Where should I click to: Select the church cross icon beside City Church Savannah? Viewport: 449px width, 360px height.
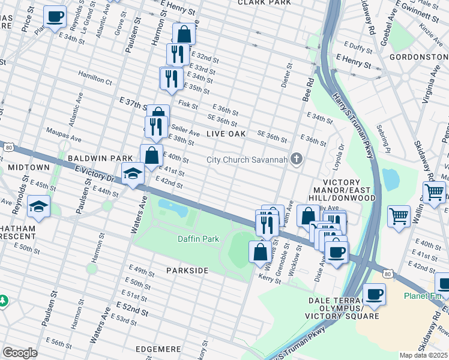click(x=295, y=159)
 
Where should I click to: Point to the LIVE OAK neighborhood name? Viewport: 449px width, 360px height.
click(x=227, y=134)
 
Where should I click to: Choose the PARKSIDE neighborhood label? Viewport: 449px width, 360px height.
click(x=187, y=271)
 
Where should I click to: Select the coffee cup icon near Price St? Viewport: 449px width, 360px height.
click(x=55, y=17)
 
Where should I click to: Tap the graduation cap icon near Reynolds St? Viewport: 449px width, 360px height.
click(x=38, y=207)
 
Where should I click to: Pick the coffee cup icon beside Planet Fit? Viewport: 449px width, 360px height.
click(x=375, y=294)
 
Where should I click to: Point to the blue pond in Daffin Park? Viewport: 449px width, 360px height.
click(x=172, y=209)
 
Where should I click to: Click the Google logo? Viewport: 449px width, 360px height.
click(x=20, y=352)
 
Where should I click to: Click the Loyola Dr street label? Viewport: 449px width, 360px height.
click(x=340, y=155)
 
